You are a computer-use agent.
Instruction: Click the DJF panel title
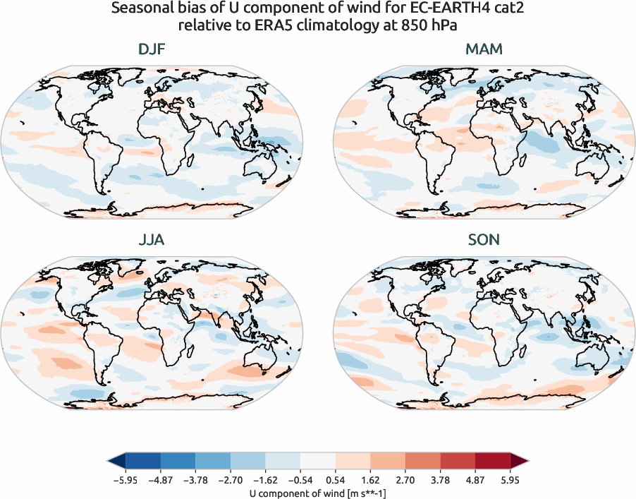tap(152, 50)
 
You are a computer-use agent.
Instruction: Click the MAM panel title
tap(484, 50)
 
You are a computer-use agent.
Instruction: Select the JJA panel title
tap(152, 240)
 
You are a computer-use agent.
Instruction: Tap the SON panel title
tap(484, 240)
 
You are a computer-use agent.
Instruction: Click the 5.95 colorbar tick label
tap(510, 479)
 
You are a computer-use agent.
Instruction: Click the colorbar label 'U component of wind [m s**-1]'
tap(318, 491)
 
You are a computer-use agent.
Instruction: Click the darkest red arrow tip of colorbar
tap(521, 462)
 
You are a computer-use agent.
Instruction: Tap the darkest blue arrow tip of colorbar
tap(115, 462)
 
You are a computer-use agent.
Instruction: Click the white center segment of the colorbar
tap(318, 462)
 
